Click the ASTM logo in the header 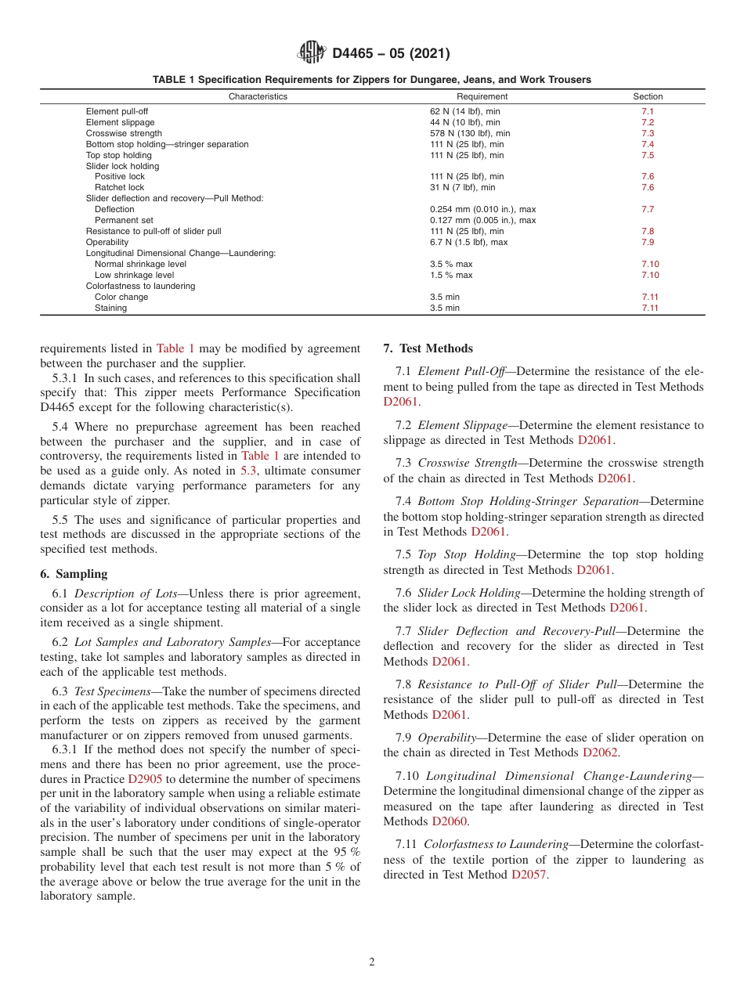[311, 53]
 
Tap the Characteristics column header [258, 97]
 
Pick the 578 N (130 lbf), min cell [469, 133]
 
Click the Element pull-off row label [117, 111]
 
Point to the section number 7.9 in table [648, 242]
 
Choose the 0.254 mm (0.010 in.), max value [482, 209]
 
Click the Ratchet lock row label [119, 187]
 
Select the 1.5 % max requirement [451, 275]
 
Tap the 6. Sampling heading [74, 574]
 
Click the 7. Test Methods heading [428, 348]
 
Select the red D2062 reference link [601, 752]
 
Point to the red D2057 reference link [529, 875]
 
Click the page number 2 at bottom [372, 962]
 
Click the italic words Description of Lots [128, 593]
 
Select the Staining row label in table [110, 308]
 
